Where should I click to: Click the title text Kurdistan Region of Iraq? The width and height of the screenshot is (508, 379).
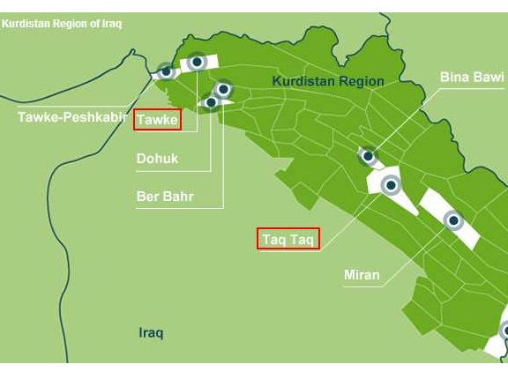(62, 24)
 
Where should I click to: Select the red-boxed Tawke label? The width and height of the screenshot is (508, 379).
(157, 120)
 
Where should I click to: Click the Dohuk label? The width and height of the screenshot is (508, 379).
(157, 159)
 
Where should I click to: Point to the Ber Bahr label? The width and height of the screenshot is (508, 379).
(165, 196)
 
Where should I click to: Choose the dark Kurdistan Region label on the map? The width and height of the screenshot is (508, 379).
(327, 81)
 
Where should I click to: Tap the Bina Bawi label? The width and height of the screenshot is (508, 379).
(472, 78)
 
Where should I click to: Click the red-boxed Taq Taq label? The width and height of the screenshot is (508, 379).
(288, 238)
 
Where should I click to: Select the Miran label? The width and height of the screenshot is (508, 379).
(362, 275)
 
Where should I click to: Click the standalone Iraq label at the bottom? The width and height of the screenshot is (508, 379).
(151, 333)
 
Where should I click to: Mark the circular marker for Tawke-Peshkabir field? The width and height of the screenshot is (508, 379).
(166, 71)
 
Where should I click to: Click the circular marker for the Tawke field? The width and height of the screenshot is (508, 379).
(197, 62)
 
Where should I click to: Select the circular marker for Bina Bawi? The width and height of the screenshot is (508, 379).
(368, 156)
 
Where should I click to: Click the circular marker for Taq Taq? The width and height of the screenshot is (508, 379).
(391, 185)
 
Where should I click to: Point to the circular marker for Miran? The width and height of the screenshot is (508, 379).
(452, 219)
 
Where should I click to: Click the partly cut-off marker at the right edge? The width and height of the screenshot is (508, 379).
(504, 331)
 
